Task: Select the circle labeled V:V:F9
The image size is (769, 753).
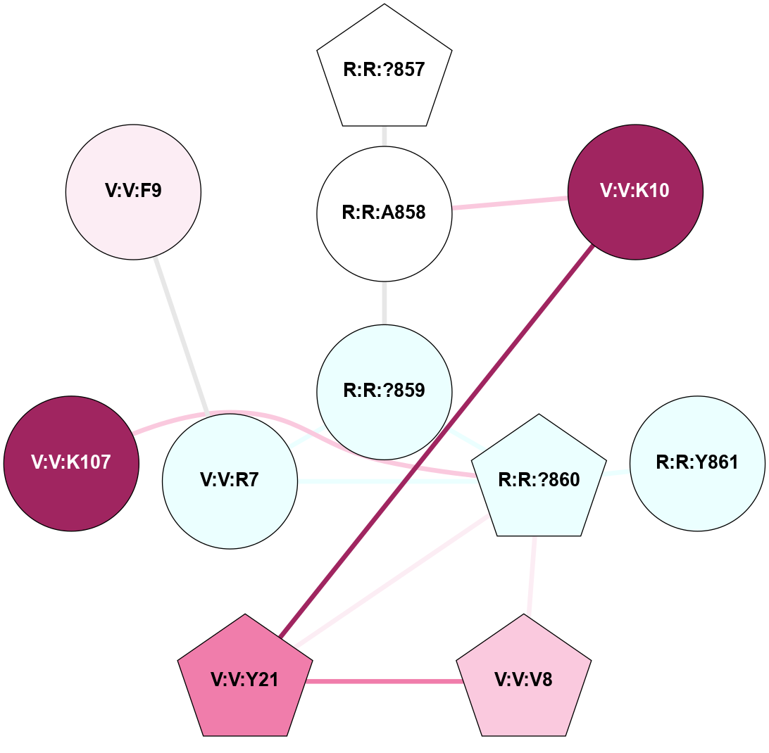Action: (x=133, y=191)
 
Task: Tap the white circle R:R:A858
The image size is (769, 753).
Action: (x=384, y=213)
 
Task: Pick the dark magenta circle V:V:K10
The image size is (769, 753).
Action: (x=634, y=191)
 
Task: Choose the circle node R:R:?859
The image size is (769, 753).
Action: (x=384, y=391)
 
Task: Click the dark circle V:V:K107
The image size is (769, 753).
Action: (x=71, y=463)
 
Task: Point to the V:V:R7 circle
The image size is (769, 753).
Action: (x=230, y=481)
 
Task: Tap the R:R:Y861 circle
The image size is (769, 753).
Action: (x=697, y=463)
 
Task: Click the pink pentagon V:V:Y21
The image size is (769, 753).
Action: (x=245, y=679)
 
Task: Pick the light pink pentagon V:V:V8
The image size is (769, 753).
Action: (x=524, y=679)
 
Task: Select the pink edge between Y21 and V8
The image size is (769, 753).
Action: (x=384, y=681)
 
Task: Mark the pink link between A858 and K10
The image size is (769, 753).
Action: (x=510, y=203)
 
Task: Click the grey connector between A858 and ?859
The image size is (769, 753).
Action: (x=384, y=302)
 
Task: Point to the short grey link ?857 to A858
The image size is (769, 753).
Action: (x=384, y=136)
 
